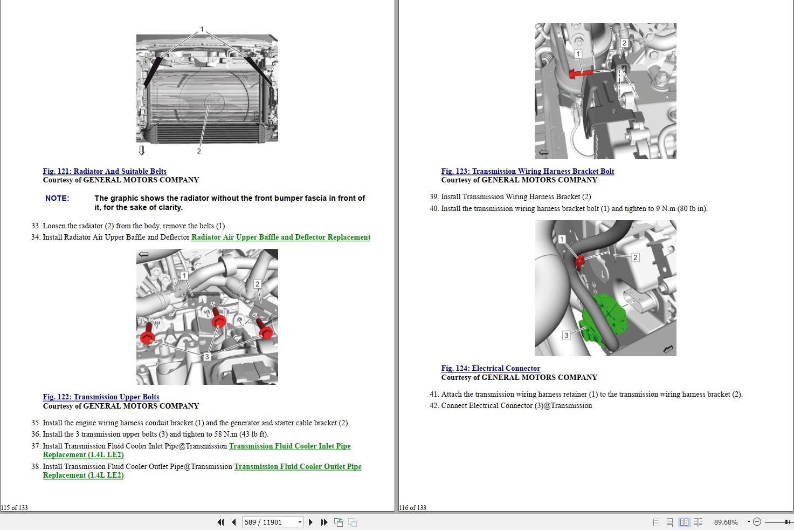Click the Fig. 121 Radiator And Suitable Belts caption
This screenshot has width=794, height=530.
105,171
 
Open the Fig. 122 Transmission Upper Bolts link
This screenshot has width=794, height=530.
101,397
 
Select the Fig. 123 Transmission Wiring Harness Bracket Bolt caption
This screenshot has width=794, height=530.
527,171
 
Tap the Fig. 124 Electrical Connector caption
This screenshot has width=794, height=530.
491,368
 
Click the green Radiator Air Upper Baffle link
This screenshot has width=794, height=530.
281,237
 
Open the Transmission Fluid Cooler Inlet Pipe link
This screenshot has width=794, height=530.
289,446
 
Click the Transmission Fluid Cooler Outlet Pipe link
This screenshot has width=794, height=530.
298,466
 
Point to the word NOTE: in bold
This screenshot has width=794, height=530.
57,198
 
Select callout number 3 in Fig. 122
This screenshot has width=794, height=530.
206,357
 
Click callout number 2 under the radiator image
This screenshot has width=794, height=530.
199,151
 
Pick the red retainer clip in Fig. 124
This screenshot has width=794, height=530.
579,262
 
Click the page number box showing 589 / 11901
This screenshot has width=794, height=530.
270,522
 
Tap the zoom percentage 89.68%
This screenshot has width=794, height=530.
726,522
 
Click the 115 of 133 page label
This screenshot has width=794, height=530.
15,507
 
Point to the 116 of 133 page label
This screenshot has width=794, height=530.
413,507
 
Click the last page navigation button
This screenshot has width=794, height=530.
324,522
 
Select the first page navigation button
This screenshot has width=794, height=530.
220,522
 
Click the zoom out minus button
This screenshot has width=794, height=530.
757,522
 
